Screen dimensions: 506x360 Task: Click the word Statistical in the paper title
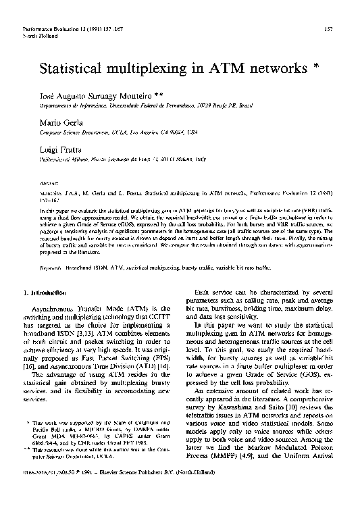(74, 69)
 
